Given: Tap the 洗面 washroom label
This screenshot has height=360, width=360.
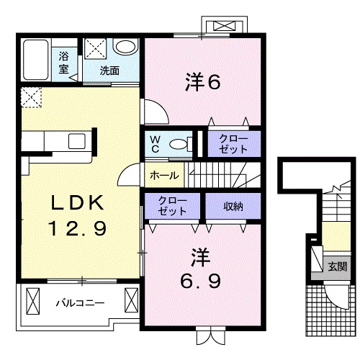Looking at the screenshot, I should coord(109,71).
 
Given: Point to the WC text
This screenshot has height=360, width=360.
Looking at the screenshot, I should coord(154,143).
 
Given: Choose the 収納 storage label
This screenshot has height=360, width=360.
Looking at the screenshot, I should coord(232,206).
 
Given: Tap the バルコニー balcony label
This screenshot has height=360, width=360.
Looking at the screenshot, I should coord(80,302).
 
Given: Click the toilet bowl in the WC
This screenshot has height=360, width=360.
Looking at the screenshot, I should coord(176,143).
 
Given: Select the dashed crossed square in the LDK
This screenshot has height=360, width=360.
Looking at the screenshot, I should coord(32,96).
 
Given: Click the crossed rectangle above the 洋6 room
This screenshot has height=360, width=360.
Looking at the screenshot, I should coord(225,27).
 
